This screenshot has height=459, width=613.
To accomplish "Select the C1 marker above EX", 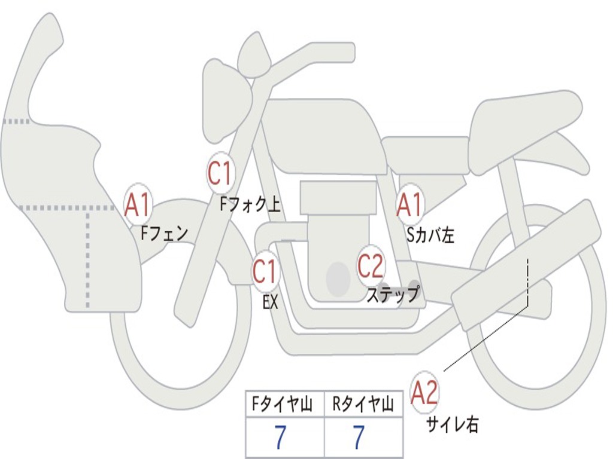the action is (x=266, y=271).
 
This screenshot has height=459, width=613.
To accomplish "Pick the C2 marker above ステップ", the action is (x=371, y=266).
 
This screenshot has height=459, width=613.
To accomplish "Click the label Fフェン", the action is (x=165, y=234).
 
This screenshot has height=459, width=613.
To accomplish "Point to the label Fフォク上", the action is (x=250, y=204).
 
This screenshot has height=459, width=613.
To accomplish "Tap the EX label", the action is (x=271, y=302).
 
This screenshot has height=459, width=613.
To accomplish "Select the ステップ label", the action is (x=393, y=294).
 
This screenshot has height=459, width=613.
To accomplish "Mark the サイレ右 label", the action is (x=453, y=425).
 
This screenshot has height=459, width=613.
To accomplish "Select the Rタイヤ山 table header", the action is (x=363, y=404).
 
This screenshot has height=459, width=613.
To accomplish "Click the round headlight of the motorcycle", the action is (x=226, y=100).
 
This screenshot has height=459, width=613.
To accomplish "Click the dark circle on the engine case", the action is (x=338, y=279).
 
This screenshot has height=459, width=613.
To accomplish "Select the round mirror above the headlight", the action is (x=254, y=58).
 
